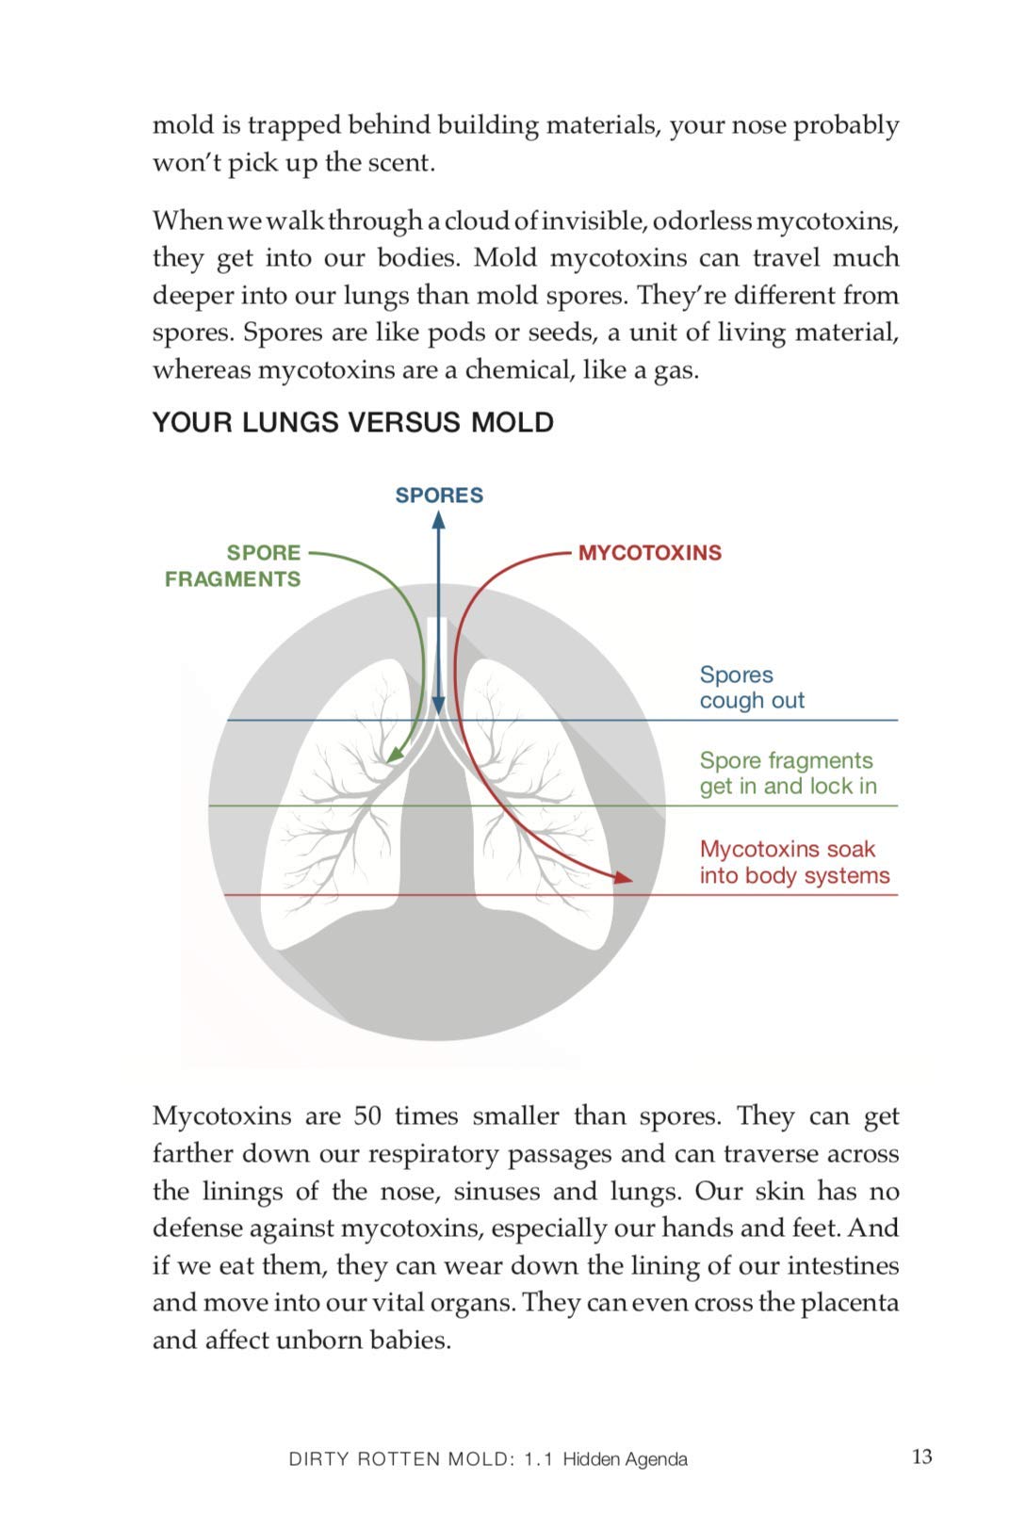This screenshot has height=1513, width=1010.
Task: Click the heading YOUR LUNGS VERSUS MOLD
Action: tap(352, 422)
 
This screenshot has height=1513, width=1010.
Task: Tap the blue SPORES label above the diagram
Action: tap(438, 496)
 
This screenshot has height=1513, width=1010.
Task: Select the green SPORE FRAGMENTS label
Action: tap(234, 565)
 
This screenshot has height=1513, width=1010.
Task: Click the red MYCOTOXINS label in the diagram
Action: tap(649, 553)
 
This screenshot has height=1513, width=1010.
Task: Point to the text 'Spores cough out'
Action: tap(751, 688)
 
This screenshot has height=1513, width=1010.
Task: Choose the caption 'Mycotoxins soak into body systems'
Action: tap(793, 862)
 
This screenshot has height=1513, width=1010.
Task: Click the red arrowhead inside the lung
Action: tap(623, 878)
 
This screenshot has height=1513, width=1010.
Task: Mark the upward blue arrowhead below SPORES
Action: tap(438, 519)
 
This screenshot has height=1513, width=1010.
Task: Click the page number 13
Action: tap(921, 1456)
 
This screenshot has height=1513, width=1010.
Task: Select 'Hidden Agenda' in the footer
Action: tap(625, 1459)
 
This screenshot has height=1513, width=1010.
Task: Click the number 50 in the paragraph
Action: tap(367, 1116)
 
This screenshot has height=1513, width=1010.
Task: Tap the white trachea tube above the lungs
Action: tap(437, 659)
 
